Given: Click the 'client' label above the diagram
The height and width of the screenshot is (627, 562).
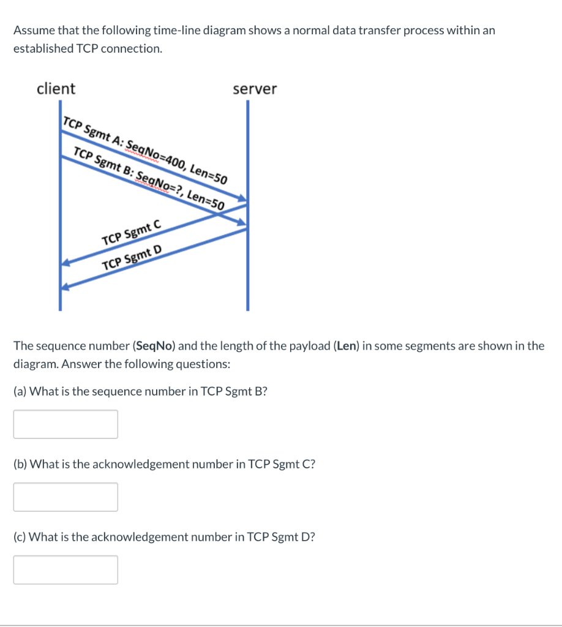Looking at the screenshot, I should point(56,88).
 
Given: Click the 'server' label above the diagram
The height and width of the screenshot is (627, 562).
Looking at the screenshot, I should point(255,89).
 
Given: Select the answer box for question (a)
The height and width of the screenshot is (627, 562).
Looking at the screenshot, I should point(66,424).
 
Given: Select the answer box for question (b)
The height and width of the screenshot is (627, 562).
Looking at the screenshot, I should point(66,497).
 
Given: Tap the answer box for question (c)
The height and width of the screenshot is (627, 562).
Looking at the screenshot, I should point(66,569).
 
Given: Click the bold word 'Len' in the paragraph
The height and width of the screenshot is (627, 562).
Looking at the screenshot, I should point(347,345).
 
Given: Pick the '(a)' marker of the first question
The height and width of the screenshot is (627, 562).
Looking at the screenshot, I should point(20,391).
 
